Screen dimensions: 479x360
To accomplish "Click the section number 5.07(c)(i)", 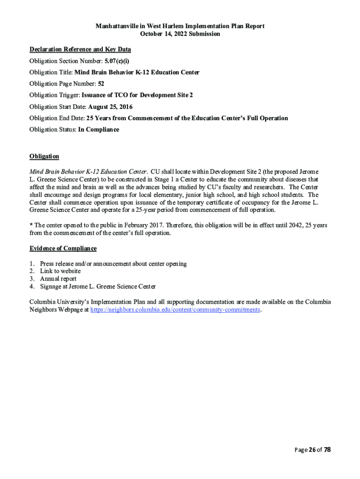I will [x=117, y=61].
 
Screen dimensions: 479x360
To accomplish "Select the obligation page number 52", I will [x=101, y=84].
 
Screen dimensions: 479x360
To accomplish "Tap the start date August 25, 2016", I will [x=110, y=107].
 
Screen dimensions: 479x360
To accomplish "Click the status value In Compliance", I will [x=99, y=129].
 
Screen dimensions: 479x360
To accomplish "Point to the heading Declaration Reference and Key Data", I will [x=80, y=49].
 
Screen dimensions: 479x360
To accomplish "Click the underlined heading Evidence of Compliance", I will [x=63, y=248].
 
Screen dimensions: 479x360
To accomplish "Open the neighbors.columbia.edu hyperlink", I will [x=175, y=310].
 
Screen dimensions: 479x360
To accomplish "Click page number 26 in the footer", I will [x=312, y=450].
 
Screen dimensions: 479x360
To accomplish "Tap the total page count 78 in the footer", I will [x=327, y=450].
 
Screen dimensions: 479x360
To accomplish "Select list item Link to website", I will [x=60, y=271].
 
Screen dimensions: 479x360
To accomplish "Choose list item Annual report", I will [x=58, y=279].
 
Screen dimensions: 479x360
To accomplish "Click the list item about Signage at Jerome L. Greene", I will [x=98, y=286].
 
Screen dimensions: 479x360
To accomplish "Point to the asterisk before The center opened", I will [x=31, y=225].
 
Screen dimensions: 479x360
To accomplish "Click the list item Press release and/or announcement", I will [x=113, y=263].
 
